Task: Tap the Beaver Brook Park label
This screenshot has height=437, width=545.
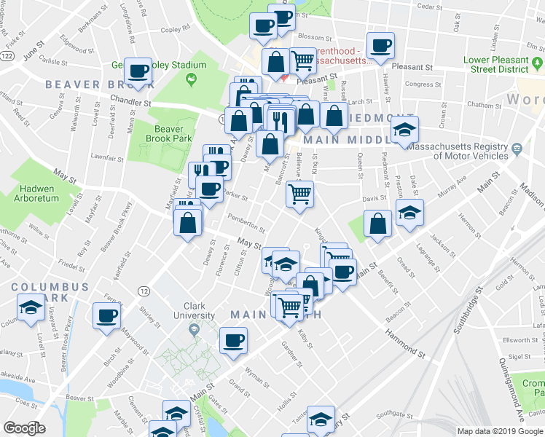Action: click(x=168, y=134)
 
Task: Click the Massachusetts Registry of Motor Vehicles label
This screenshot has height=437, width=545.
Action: click(x=457, y=151)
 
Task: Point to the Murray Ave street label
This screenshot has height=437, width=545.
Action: click(x=452, y=190)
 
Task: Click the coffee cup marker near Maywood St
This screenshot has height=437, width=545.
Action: click(x=107, y=316)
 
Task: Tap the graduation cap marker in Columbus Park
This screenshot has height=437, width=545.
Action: click(x=31, y=309)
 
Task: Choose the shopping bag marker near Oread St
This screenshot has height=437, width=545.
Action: click(x=379, y=224)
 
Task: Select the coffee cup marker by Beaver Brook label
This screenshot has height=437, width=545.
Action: click(x=138, y=71)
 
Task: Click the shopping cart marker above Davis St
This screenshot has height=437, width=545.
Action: click(x=299, y=194)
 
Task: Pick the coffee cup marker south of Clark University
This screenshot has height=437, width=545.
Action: click(x=234, y=340)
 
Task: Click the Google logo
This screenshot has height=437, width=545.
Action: click(x=25, y=428)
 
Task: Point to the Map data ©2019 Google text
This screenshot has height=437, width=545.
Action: click(x=501, y=430)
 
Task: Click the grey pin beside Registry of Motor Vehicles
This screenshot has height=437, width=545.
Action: click(x=517, y=149)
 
